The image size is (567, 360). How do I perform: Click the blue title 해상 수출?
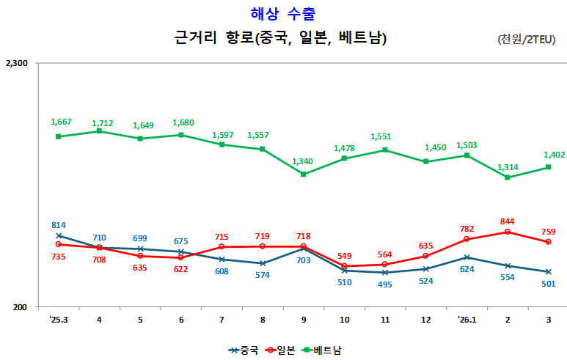[283, 12]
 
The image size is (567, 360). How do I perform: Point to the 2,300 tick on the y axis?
[16, 64]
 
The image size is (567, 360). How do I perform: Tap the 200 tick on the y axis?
[21, 307]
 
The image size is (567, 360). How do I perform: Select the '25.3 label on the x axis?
[58, 320]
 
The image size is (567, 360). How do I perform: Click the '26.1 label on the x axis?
[466, 320]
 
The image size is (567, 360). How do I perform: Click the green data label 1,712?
[102, 123]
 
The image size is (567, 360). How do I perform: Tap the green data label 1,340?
[303, 161]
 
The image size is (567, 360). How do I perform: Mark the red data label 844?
[508, 221]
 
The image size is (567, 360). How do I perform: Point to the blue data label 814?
[59, 225]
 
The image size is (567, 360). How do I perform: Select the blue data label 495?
[385, 285]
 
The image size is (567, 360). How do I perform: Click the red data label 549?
[344, 256]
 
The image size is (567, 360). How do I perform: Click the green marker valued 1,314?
[508, 177]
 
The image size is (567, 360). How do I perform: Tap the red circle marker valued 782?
[467, 239]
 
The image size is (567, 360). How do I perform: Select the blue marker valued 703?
[303, 249]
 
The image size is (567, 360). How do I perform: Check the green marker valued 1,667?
[58, 136]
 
